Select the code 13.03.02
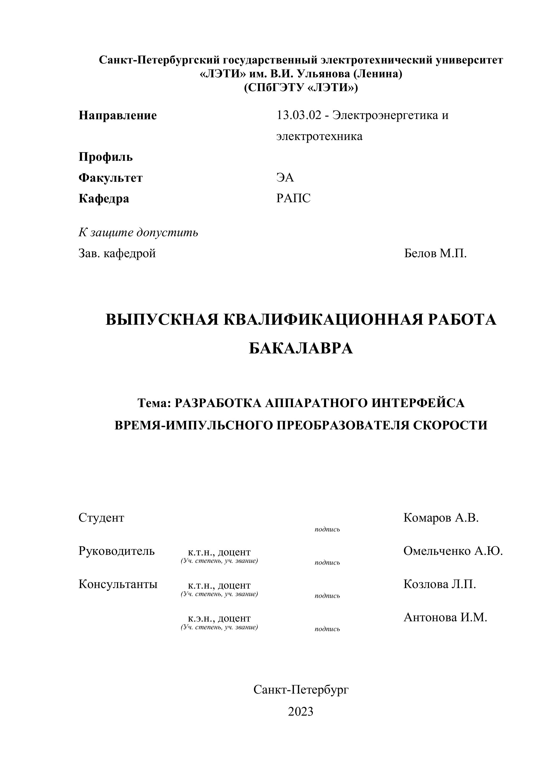pyautogui.click(x=298, y=115)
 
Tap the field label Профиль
pyautogui.click(x=106, y=157)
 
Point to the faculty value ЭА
pyautogui.click(x=285, y=177)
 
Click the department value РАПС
pyautogui.click(x=293, y=198)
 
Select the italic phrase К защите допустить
pyautogui.click(x=138, y=233)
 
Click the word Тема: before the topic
pyautogui.click(x=154, y=403)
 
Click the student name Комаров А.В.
pyautogui.click(x=441, y=518)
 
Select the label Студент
pyautogui.click(x=101, y=518)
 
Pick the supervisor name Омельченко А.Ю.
pyautogui.click(x=453, y=551)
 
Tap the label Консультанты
pyautogui.click(x=118, y=584)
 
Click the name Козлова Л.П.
pyautogui.click(x=440, y=584)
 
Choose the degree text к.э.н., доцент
pyautogui.click(x=219, y=618)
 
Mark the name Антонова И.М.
pyautogui.click(x=445, y=617)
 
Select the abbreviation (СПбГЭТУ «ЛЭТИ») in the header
pyautogui.click(x=301, y=88)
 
